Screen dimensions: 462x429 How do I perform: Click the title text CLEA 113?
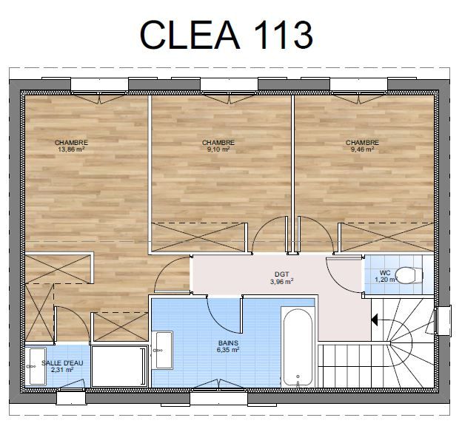(226, 35)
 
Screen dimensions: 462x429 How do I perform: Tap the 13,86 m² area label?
(71, 149)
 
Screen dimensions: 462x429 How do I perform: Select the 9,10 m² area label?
(218, 149)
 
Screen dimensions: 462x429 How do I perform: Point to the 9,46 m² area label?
(362, 149)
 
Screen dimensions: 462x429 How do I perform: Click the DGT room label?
(281, 274)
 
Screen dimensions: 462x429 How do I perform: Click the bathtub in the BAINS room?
(298, 348)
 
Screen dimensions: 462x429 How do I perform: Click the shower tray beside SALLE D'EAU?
(119, 366)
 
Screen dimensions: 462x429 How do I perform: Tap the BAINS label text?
(228, 343)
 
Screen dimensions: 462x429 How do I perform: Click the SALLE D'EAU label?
(62, 363)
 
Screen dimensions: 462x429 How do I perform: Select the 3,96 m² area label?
(281, 282)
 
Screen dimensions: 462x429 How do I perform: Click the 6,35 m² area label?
(228, 350)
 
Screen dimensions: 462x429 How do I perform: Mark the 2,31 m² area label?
(62, 370)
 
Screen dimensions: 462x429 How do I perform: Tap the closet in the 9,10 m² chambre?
(198, 237)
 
